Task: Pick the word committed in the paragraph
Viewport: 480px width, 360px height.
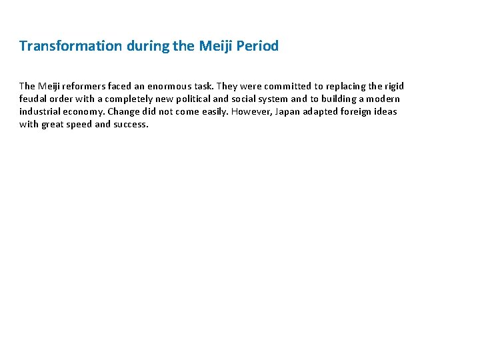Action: coord(288,86)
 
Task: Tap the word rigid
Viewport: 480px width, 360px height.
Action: coord(393,86)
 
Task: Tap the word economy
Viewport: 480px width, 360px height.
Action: coord(85,111)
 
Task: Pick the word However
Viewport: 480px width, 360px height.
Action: coord(249,111)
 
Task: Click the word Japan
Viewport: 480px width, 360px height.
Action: coord(287,111)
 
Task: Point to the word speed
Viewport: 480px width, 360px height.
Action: coord(79,124)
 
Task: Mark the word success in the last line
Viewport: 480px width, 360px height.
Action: coord(131,124)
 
